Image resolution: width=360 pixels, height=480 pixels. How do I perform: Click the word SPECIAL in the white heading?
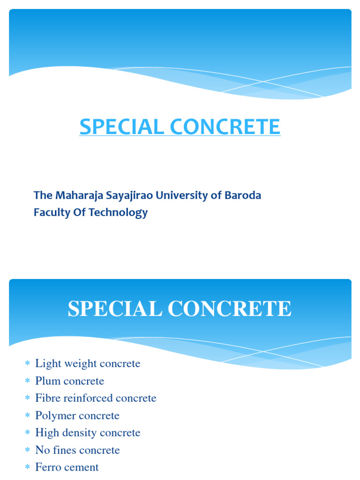114,309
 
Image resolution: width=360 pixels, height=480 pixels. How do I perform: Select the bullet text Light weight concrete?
88,364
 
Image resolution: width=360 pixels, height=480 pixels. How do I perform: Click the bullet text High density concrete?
88,433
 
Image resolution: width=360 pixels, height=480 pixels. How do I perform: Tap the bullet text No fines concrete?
77,450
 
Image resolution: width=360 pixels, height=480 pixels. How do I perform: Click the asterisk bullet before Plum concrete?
27,381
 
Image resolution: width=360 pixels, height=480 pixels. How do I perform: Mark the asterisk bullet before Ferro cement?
27,467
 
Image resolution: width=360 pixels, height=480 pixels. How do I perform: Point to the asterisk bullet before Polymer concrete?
27,416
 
